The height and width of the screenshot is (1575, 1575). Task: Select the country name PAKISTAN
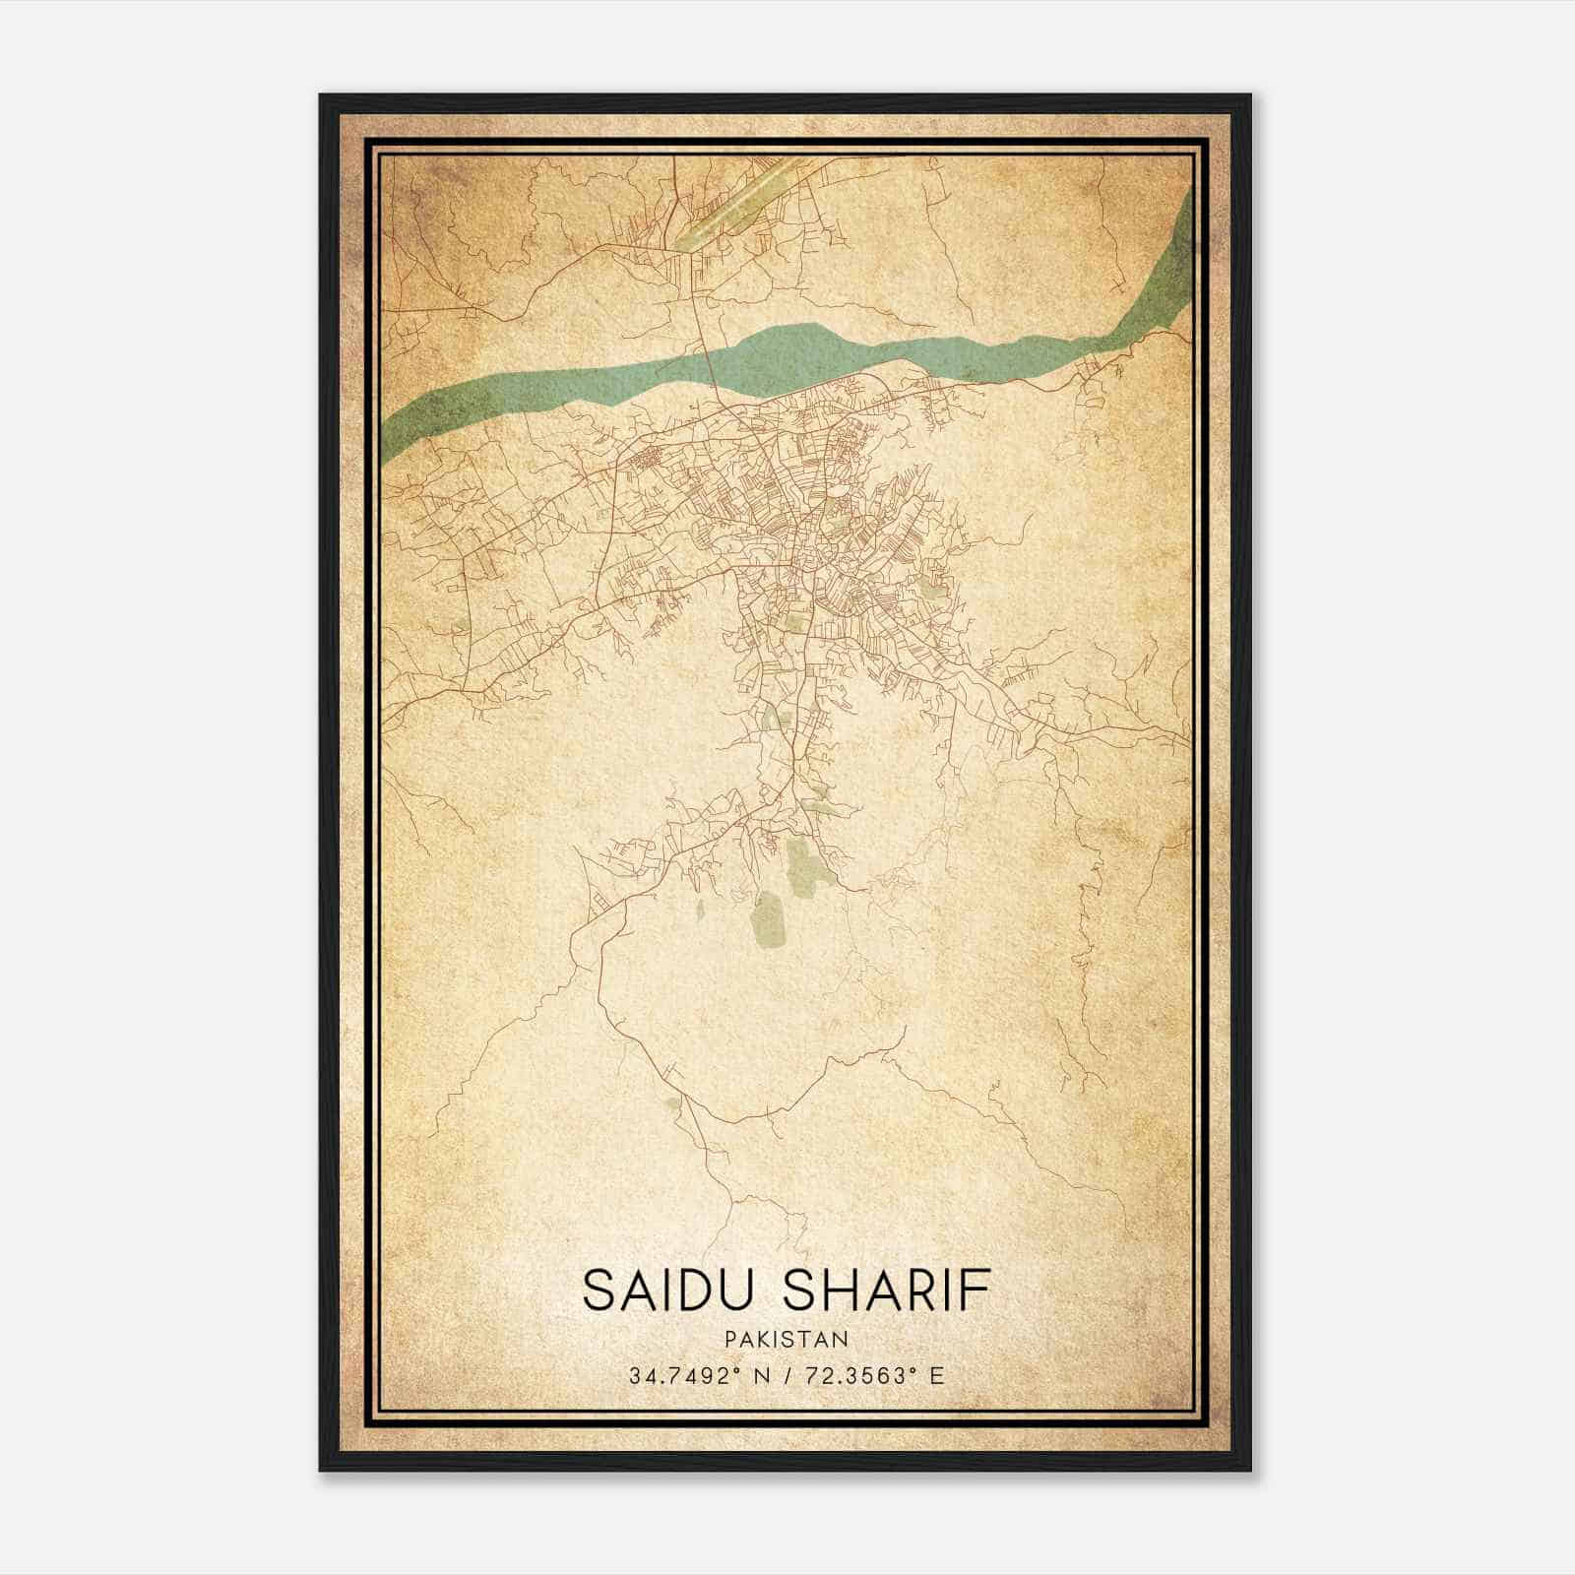pos(786,1339)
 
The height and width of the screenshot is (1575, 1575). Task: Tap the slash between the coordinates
pos(786,1375)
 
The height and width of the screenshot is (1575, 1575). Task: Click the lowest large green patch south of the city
pos(768,920)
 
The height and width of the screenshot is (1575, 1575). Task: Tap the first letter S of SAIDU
pos(596,1290)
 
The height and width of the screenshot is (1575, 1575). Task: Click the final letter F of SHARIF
pos(977,1290)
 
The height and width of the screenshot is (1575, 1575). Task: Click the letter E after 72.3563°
pos(936,1375)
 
